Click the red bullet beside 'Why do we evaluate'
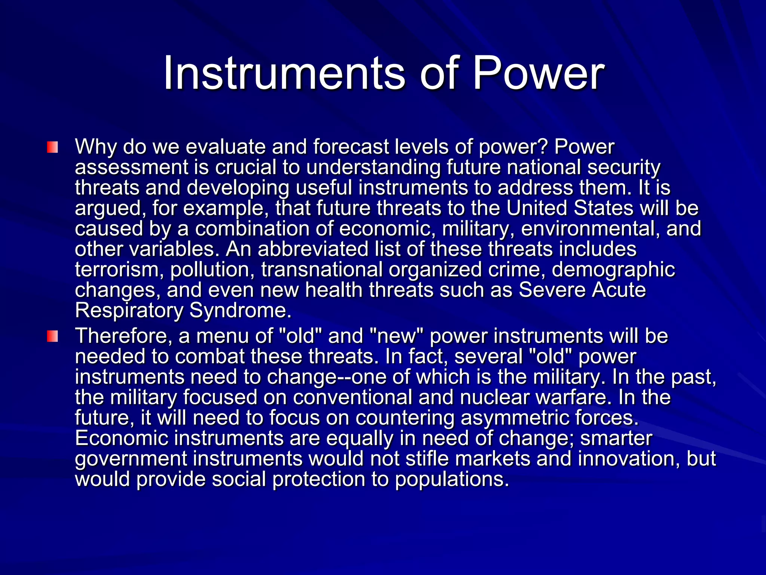pyautogui.click(x=52, y=147)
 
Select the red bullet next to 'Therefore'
pyautogui.click(x=52, y=336)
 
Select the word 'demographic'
pyautogui.click(x=613, y=270)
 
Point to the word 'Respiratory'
pyautogui.click(x=129, y=311)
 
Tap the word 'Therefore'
pyautogui.click(x=123, y=336)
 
